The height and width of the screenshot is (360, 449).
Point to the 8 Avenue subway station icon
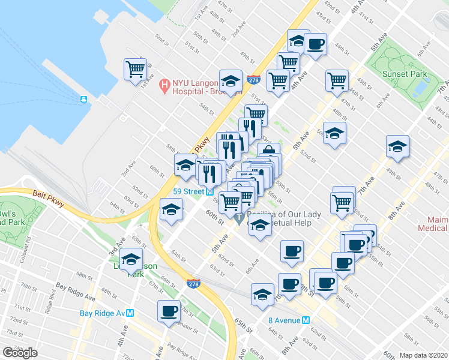click(x=306, y=320)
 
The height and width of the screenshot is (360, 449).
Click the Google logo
click(x=20, y=353)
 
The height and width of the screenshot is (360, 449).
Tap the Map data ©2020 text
click(x=423, y=355)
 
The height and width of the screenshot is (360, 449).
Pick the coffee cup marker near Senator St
click(x=168, y=310)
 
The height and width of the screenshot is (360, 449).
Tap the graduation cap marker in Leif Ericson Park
click(x=130, y=259)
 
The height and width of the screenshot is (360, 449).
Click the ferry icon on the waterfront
click(x=84, y=99)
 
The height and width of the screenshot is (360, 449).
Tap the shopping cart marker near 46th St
click(x=337, y=80)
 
